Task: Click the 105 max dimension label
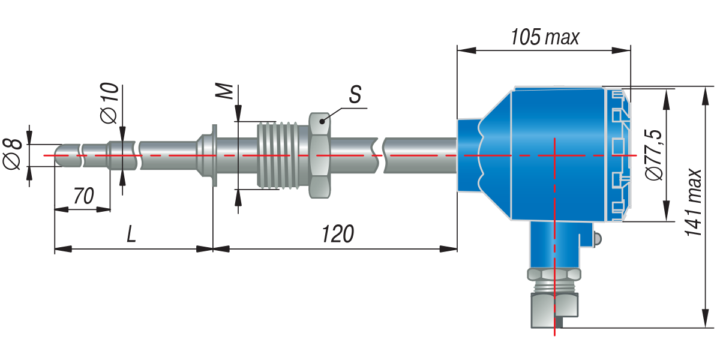pos(545,37)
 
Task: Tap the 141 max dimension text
pos(694,203)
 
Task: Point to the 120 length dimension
pos(338,234)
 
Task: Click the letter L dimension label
pos(131,234)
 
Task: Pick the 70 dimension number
pos(83,196)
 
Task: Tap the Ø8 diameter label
pos(12,154)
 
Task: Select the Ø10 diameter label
pos(109,103)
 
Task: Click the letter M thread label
pos(224,91)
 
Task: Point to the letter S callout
pos(355,94)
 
